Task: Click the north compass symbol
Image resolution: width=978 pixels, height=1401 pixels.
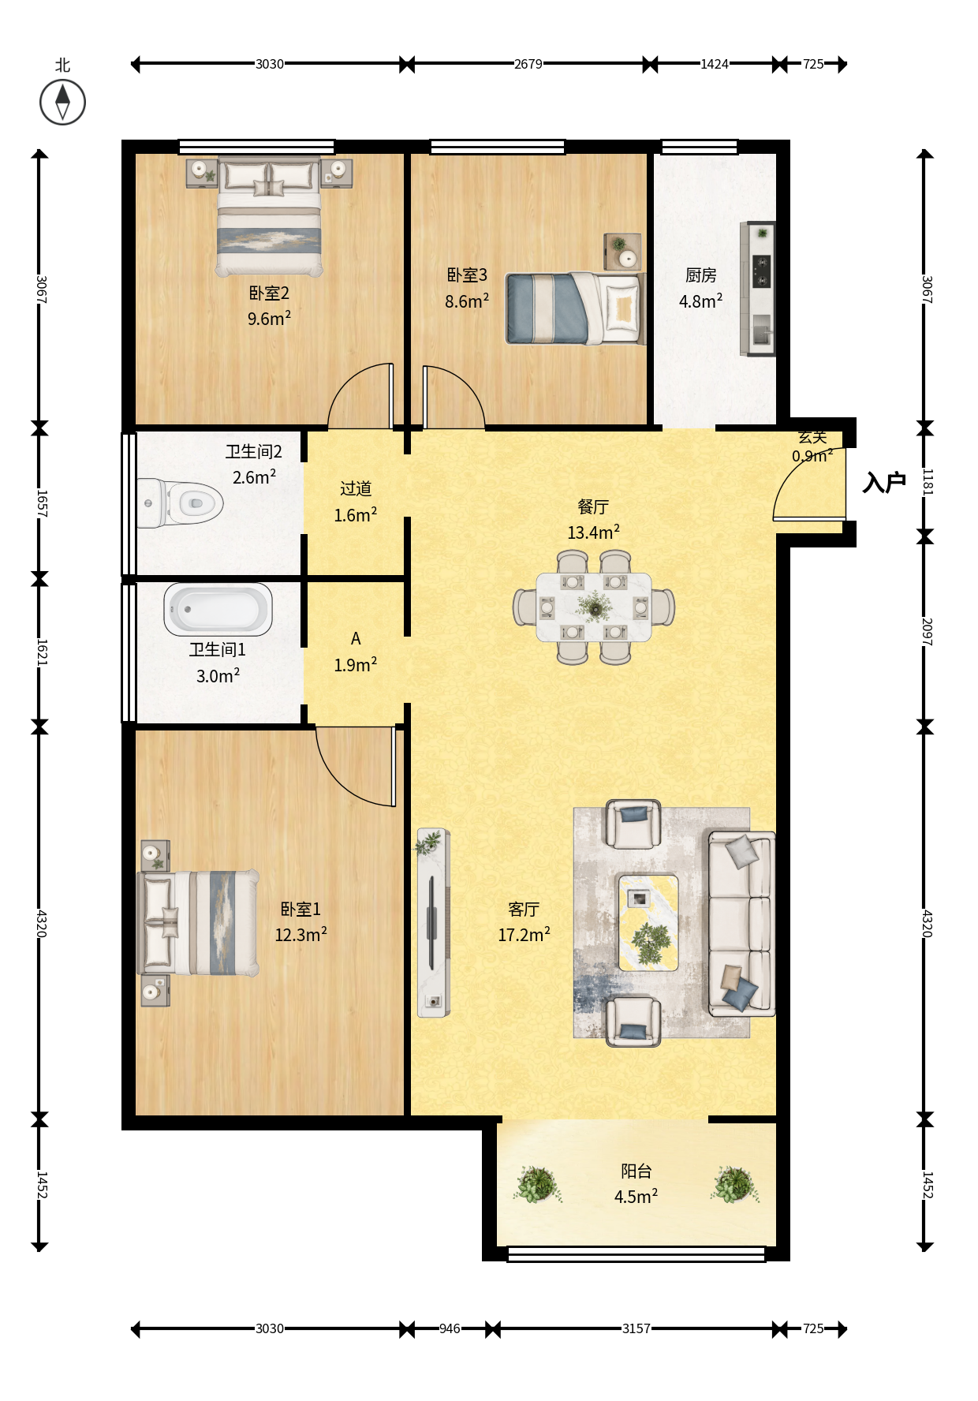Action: click(62, 102)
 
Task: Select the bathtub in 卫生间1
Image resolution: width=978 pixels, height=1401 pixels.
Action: click(218, 609)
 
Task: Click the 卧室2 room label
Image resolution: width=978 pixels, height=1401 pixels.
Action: click(269, 293)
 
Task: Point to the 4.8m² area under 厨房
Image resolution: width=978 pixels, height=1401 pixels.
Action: click(700, 301)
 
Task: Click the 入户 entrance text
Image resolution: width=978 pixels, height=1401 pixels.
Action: click(884, 482)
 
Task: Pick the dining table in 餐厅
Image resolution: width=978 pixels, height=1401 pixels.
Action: click(594, 607)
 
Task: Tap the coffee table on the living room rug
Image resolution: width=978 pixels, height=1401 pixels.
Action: click(648, 922)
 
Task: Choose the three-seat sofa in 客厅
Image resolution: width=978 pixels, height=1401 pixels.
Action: click(741, 923)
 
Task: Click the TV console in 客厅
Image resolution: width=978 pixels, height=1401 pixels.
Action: click(433, 923)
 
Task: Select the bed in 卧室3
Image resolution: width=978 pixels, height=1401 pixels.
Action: click(575, 308)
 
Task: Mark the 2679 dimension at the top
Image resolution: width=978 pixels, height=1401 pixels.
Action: click(528, 64)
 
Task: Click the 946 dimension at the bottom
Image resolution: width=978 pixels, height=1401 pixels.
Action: click(450, 1328)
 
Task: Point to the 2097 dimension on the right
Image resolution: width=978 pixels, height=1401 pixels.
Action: click(928, 632)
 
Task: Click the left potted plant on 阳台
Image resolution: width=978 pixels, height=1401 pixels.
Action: click(537, 1184)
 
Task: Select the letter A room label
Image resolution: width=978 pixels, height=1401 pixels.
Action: click(356, 638)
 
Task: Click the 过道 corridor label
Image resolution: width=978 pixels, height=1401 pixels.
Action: click(356, 489)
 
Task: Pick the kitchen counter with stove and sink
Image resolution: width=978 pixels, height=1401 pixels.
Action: click(758, 289)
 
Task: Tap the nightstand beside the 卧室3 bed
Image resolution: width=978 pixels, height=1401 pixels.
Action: click(622, 252)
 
